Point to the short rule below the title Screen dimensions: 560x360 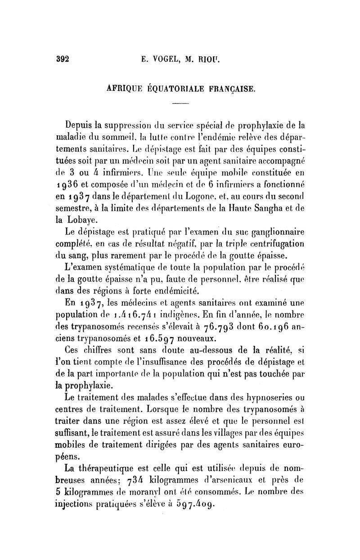181,104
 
